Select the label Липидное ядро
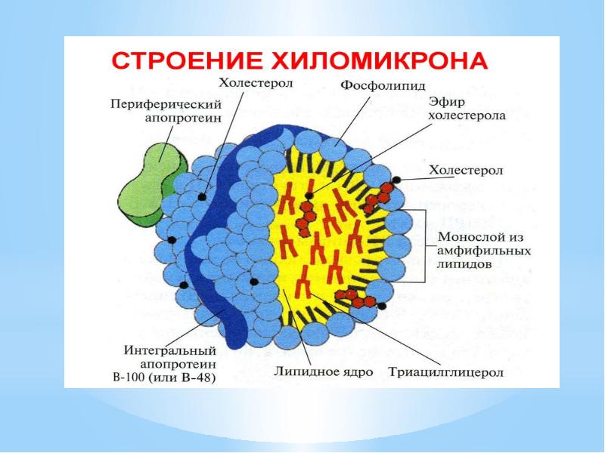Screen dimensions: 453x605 coord(318,371)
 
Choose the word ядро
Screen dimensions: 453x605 coord(344,371)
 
